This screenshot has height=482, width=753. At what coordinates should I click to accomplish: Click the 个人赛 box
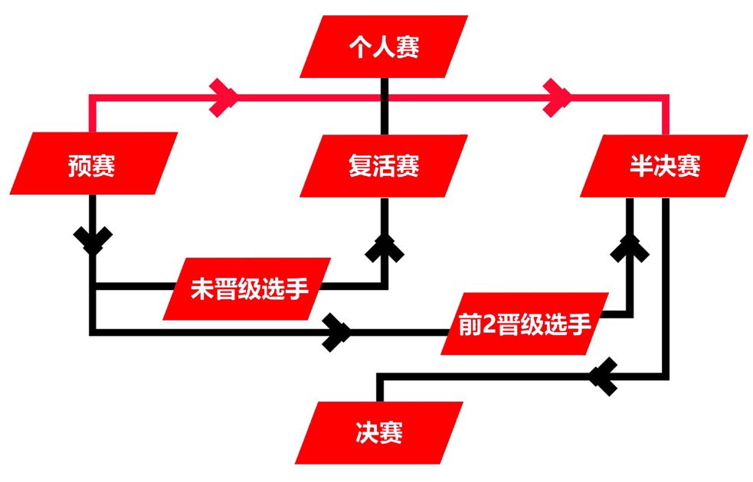(x=384, y=47)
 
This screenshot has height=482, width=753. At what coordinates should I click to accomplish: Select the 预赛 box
(x=93, y=164)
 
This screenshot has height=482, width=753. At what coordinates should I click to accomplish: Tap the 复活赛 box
(x=384, y=166)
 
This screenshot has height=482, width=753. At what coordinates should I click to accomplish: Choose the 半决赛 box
(x=664, y=166)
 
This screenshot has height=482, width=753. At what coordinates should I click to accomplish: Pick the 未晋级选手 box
(x=247, y=288)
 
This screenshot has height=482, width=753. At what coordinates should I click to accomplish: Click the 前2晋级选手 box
(x=525, y=324)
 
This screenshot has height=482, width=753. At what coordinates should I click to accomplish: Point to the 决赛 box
(x=379, y=432)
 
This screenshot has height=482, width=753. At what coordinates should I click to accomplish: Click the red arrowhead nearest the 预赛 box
(x=224, y=97)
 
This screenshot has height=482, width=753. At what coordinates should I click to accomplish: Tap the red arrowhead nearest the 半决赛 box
(x=558, y=97)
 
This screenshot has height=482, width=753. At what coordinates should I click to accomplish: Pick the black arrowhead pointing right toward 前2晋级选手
(x=336, y=332)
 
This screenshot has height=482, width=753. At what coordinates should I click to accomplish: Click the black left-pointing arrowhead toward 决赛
(x=603, y=376)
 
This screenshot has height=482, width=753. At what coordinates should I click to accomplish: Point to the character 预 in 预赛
(x=79, y=165)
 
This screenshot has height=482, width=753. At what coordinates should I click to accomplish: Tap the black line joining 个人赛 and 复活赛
(x=385, y=106)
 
